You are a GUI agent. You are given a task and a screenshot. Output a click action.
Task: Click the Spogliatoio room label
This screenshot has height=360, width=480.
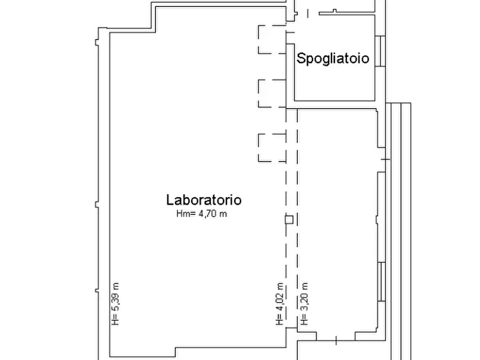(x=333, y=58)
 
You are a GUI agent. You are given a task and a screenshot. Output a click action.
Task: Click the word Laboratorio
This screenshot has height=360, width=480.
(x=204, y=200)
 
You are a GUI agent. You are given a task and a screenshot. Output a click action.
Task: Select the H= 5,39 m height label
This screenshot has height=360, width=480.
(x=115, y=304)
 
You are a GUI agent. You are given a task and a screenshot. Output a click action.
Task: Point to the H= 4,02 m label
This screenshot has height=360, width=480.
(x=280, y=304)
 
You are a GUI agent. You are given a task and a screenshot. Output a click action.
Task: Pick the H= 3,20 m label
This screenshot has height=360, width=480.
(x=304, y=304)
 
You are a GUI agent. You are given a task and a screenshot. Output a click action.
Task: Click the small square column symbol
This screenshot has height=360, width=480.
(x=289, y=219)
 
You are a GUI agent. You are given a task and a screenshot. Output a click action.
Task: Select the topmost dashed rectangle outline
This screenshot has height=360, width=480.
(x=271, y=40)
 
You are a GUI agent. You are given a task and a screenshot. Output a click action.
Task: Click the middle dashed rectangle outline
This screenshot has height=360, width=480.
(x=271, y=93)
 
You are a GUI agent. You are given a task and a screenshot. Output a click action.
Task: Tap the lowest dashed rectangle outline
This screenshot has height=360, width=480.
(x=271, y=147)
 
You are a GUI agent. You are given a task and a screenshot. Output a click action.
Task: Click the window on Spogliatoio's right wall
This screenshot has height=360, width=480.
(x=379, y=51)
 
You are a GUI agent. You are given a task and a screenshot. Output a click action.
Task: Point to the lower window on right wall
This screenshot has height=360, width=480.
(x=381, y=282)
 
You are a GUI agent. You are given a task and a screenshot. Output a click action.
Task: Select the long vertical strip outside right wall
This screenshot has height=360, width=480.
(x=400, y=231)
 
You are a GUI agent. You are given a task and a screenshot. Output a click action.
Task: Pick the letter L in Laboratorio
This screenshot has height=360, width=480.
(x=169, y=200)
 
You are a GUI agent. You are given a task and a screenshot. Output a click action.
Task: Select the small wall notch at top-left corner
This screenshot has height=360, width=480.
(x=97, y=41)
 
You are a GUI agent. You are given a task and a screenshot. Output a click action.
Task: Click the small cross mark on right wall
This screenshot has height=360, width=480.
(x=384, y=159)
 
